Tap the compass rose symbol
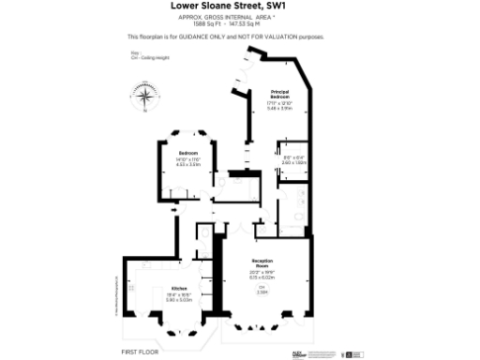pyautogui.click(x=146, y=96)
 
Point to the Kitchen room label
pyautogui.click(x=178, y=289)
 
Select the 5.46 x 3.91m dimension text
pyautogui.click(x=279, y=108)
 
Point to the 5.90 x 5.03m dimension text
pyautogui.click(x=178, y=300)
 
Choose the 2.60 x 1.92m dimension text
pyautogui.click(x=294, y=161)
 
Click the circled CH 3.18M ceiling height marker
pyautogui.click(x=262, y=291)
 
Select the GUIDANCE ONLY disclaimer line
pyautogui.click(x=225, y=37)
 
